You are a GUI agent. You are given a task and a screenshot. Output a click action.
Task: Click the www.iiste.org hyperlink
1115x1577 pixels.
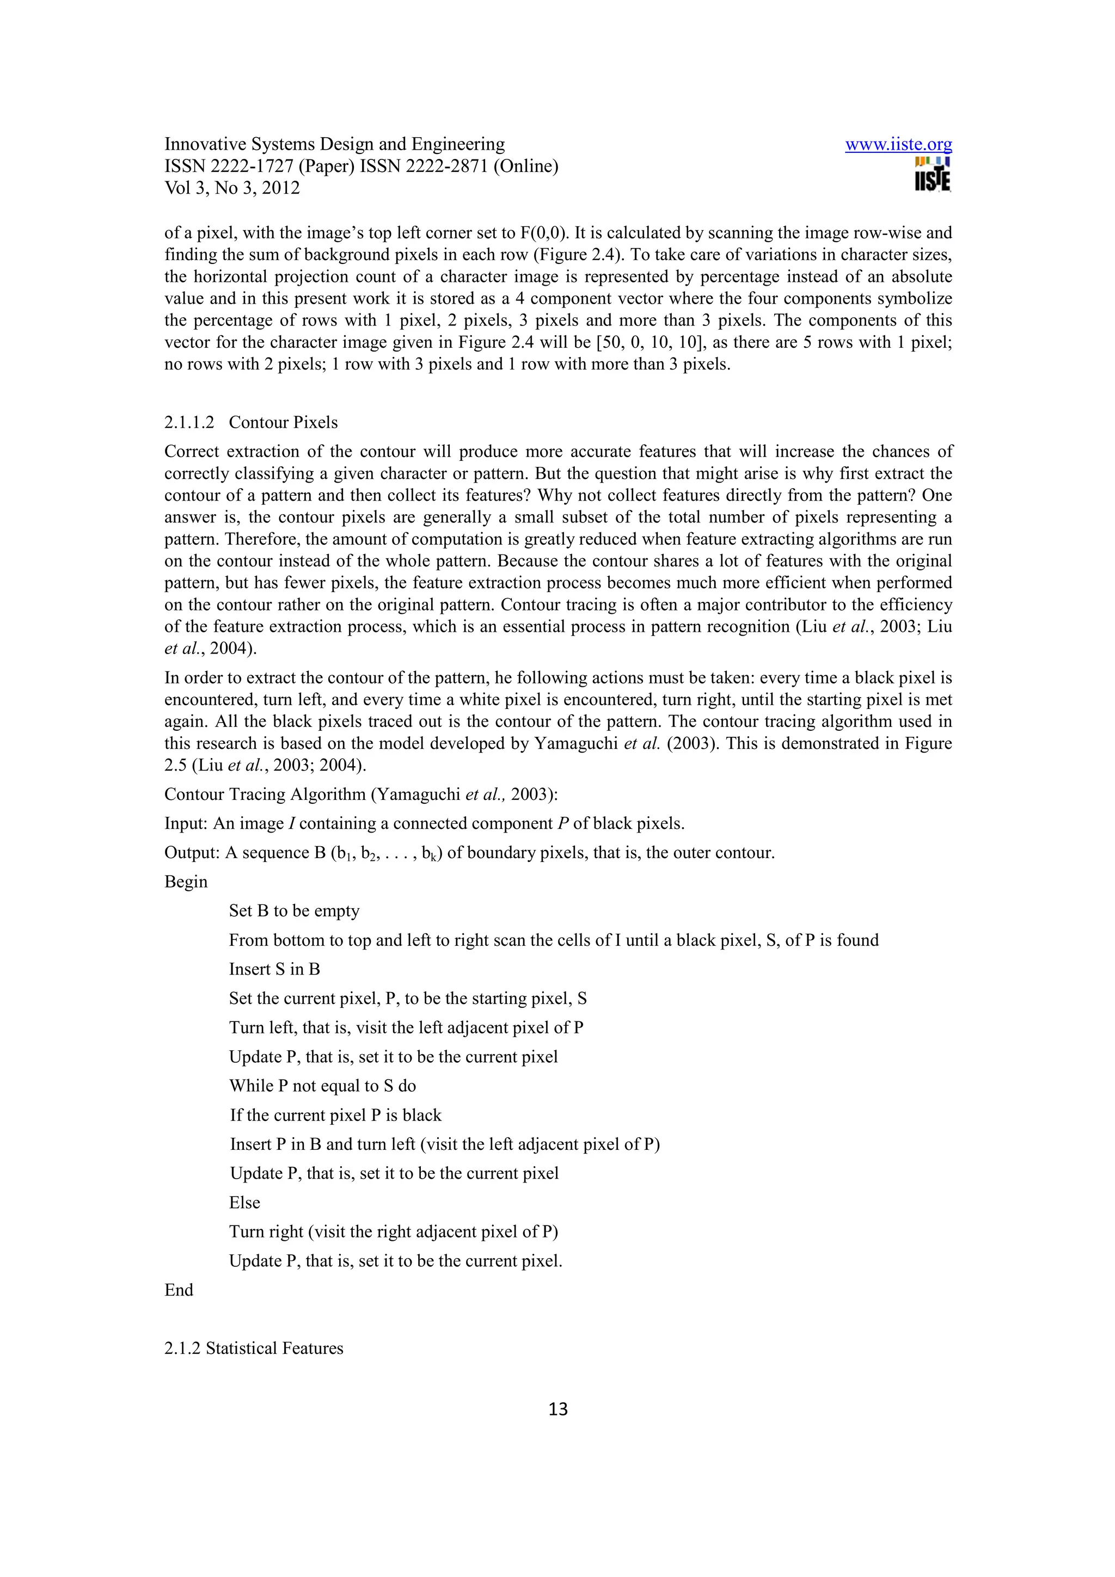[898, 144]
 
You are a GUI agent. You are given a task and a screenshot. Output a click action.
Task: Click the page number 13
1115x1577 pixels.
[558, 1409]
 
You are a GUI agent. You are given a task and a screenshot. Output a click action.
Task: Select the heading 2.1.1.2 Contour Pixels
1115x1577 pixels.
[251, 422]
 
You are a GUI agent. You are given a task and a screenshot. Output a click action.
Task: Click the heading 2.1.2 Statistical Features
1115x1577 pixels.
[254, 1348]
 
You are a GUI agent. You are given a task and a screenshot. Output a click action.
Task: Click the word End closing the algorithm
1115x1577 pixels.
[179, 1290]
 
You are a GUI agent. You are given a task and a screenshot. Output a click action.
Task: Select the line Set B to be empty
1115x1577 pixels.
[294, 911]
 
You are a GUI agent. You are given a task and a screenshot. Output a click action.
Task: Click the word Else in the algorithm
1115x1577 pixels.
[244, 1203]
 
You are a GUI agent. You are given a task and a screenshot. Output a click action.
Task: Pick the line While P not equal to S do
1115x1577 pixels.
[322, 1086]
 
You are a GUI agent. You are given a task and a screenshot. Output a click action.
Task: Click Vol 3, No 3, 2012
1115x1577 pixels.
[232, 188]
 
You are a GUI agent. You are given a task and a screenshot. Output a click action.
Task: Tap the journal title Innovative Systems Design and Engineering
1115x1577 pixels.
[335, 144]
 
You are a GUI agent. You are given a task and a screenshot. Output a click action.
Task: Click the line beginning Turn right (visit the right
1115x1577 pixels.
[393, 1231]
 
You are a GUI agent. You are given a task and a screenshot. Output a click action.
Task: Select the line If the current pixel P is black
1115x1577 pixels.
[335, 1115]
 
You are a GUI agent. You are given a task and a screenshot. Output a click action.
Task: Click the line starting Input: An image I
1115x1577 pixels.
[424, 823]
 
